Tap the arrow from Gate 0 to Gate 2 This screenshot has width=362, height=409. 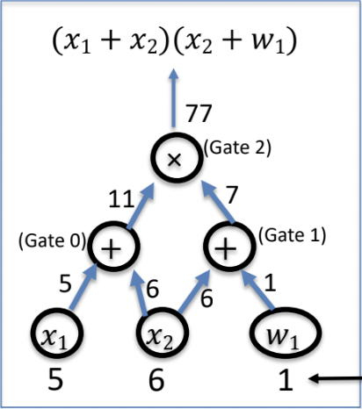(141, 207)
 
